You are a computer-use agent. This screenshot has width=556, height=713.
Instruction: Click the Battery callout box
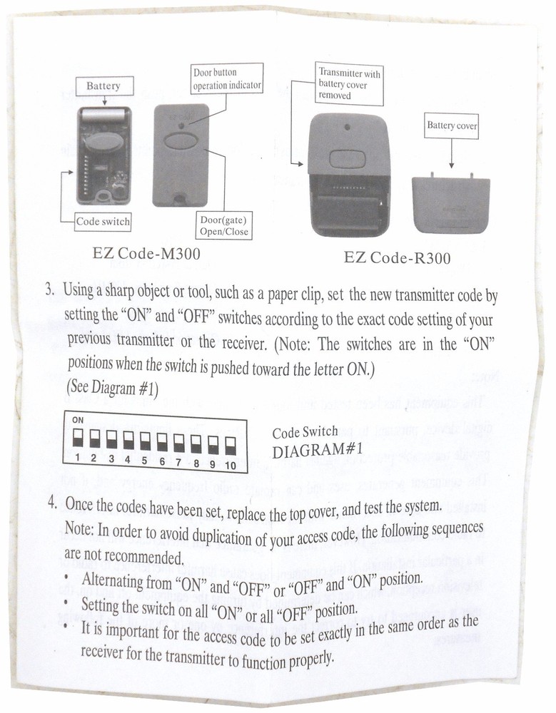click(x=103, y=86)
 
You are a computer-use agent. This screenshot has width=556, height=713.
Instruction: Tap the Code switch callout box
click(x=103, y=222)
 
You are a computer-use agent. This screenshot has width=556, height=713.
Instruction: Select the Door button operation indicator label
click(x=227, y=79)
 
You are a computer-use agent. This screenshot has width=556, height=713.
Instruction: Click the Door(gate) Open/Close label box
click(x=224, y=225)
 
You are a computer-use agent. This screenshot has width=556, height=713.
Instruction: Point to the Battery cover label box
click(x=452, y=125)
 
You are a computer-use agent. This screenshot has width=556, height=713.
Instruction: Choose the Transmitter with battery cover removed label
click(x=350, y=84)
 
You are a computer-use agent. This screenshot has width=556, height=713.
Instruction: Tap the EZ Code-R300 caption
click(x=397, y=257)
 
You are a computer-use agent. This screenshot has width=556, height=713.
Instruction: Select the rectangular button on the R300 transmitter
click(x=346, y=158)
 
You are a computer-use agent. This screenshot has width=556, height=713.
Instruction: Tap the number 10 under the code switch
click(x=230, y=466)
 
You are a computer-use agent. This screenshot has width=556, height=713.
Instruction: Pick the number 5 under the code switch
click(x=144, y=461)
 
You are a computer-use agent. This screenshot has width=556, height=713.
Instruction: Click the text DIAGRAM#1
click(x=318, y=451)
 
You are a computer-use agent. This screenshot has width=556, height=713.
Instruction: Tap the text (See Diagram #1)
click(x=111, y=389)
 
